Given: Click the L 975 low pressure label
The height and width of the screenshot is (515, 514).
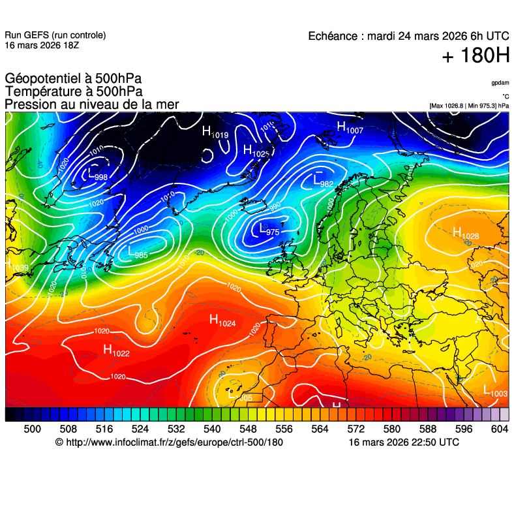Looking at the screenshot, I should pos(269,230).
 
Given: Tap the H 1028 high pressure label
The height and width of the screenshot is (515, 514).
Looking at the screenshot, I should pos(465,234).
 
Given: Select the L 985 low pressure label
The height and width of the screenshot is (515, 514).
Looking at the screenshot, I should pos(138,253).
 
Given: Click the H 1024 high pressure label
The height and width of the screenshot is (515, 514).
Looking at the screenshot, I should pos(222,320).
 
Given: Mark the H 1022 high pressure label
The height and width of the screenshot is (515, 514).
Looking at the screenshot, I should pos(116,351).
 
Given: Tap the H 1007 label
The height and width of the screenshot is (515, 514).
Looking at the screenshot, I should pos(349,129).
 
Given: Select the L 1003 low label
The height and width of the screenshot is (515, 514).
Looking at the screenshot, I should pos(495,392).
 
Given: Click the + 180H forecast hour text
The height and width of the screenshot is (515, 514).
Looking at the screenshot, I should pos(476,56).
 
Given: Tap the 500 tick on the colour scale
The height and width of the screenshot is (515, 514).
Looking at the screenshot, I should pos(32,429).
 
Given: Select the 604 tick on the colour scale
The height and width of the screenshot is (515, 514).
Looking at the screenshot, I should pos(500,429).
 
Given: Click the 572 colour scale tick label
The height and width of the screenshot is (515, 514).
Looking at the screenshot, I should pos(356,429).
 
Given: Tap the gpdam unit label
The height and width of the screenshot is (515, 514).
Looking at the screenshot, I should pos(500,83).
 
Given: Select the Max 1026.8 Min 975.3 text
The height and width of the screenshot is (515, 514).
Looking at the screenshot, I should pos(469,106).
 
